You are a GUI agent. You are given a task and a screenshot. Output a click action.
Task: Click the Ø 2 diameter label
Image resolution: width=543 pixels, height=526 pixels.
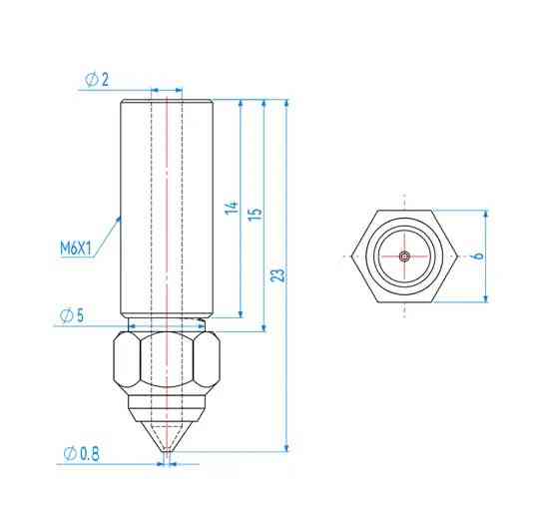98,80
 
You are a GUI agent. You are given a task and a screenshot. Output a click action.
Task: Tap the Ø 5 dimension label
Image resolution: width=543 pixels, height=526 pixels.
71,315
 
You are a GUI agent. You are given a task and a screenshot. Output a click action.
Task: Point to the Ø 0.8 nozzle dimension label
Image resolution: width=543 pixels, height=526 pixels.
80,454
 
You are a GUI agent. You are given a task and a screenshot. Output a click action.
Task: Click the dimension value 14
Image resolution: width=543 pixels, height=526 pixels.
232,210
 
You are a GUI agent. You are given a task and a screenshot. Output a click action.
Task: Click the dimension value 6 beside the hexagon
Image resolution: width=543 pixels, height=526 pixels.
478,256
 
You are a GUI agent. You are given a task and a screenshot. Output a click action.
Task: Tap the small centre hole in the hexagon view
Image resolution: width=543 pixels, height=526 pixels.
403,257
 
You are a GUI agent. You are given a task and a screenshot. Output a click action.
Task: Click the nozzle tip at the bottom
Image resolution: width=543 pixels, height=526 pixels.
167,458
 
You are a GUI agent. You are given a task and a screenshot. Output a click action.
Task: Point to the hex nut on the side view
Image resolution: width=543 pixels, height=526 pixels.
167,363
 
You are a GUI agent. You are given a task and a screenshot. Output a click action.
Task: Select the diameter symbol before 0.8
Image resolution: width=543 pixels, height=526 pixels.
69,454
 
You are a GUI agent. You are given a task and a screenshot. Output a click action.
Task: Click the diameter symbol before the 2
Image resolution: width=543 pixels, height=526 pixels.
90,80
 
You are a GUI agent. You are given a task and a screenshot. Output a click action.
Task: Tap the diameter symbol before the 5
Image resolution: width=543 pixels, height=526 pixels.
64,315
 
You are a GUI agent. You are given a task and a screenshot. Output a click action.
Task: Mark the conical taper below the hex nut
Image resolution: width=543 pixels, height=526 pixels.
167,429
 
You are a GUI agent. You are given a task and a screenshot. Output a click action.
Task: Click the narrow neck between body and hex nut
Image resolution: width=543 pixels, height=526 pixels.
167,324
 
